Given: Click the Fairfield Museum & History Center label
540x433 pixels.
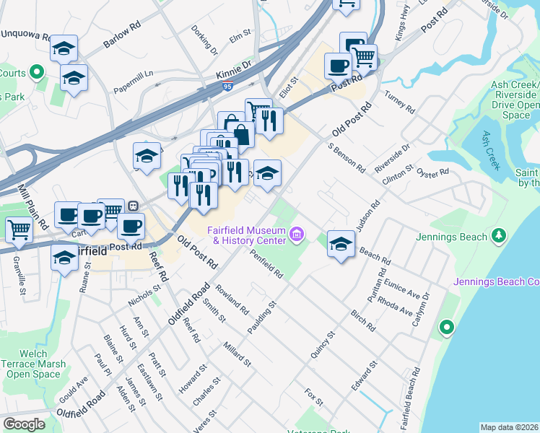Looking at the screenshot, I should (245, 235).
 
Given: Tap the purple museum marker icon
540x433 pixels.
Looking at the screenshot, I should (296, 234).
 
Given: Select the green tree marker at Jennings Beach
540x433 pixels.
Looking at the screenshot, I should (498, 235).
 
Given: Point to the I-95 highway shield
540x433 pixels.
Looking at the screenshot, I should (228, 87).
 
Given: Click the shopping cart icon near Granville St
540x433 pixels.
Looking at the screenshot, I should (19, 229).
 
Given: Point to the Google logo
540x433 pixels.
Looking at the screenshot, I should (24, 424).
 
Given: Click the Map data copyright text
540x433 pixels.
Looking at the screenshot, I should (510, 427).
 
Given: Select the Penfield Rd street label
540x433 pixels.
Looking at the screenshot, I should (266, 263).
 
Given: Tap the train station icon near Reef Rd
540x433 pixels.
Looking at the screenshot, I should (133, 206).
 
